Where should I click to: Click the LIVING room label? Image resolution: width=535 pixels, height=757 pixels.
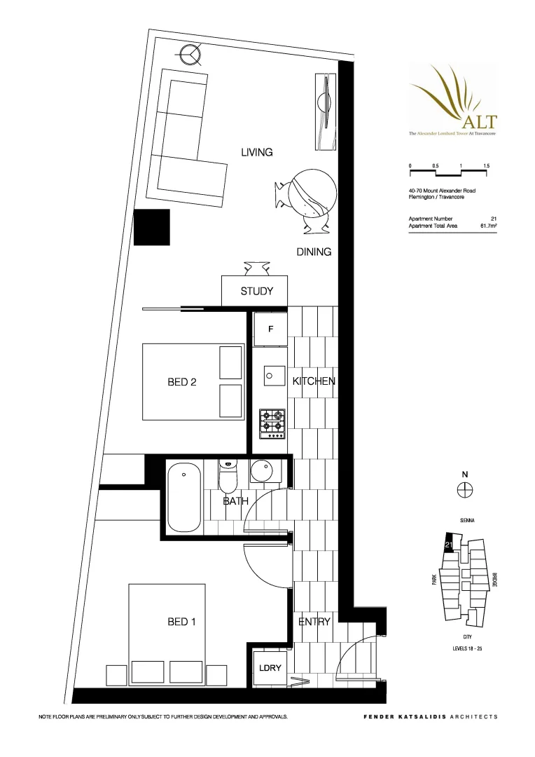point(256,152)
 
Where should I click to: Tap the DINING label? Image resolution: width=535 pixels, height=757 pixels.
point(313,252)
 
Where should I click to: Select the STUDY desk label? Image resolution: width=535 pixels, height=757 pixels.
point(256,291)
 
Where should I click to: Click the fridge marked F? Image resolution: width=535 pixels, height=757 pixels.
point(270,329)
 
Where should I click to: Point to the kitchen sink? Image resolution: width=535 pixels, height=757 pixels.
point(274,376)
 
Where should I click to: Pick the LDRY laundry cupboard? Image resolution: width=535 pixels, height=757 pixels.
point(270,668)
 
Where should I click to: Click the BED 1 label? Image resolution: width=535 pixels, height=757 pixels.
point(181,622)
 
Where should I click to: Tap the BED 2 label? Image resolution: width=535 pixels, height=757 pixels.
point(181,382)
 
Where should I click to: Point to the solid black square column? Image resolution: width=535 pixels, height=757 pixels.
point(152,227)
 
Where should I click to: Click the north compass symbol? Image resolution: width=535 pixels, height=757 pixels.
point(464,490)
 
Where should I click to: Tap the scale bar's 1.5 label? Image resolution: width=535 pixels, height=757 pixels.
point(485,165)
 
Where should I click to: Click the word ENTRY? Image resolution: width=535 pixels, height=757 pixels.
point(314,622)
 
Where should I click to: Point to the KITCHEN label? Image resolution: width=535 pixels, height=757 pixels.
point(314,381)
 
